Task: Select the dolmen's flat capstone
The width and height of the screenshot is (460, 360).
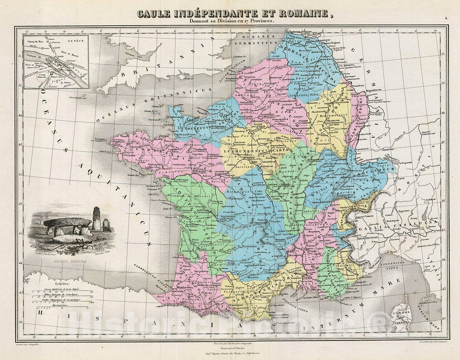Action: [67, 222]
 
